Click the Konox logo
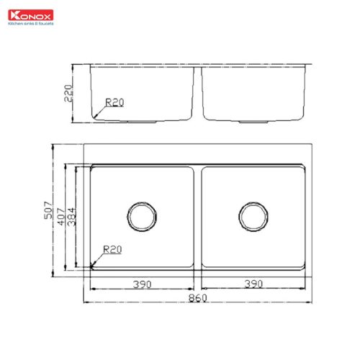[x=27, y=14]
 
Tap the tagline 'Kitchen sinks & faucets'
[x=28, y=22]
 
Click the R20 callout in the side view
[x=114, y=102]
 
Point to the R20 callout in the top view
[x=112, y=250]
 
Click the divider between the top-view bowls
[x=197, y=216]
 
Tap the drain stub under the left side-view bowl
[x=141, y=122]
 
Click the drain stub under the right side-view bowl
[x=253, y=122]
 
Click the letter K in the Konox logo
[x=11, y=14]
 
